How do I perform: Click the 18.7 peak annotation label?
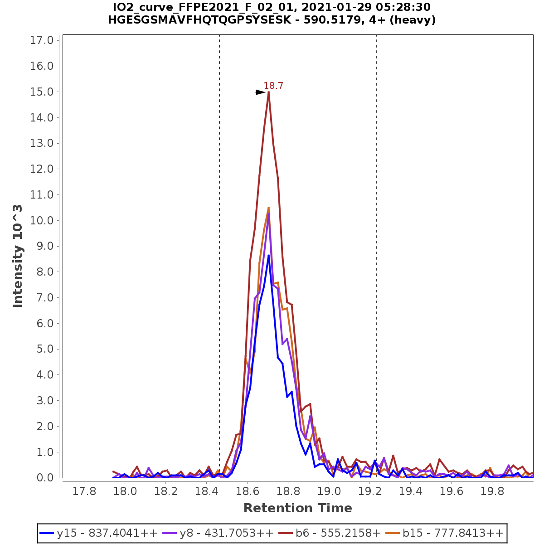coord(273,86)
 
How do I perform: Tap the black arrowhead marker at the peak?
coord(260,92)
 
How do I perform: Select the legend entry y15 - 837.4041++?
coord(99,533)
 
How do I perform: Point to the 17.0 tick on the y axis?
coord(42,40)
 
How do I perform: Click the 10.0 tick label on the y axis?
coord(42,221)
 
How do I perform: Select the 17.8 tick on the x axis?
coord(84,491)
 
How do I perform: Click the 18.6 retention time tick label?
coord(248,491)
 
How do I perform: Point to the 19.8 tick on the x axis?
coord(492,491)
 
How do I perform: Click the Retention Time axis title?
coord(297,508)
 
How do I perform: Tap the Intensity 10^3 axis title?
coord(18,256)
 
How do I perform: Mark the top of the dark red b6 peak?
coord(269,92)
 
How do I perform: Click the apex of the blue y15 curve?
coord(269,255)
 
